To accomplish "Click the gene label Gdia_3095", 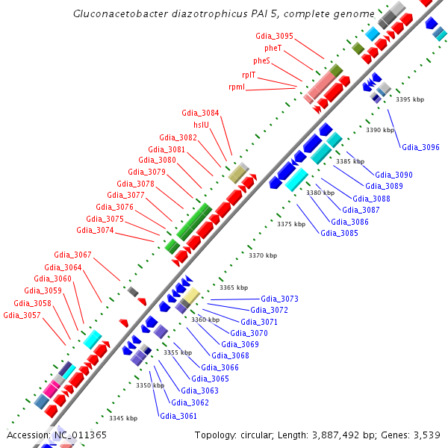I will tap(274, 36).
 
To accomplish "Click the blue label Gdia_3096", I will tap(420, 147).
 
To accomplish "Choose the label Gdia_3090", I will tap(393, 175).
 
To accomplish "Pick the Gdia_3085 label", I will tap(339, 233).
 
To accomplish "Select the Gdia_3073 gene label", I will tap(279, 299).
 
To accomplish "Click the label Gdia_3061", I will tap(178, 416).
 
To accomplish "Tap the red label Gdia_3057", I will tap(22, 315).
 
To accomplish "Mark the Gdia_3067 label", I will tap(72, 255).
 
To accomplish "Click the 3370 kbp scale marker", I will tap(263, 255).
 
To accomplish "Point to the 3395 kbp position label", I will tap(410, 99).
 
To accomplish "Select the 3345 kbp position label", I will tap(123, 418).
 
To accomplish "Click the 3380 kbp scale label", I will tap(320, 193).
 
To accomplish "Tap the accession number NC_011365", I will tap(80, 435).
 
